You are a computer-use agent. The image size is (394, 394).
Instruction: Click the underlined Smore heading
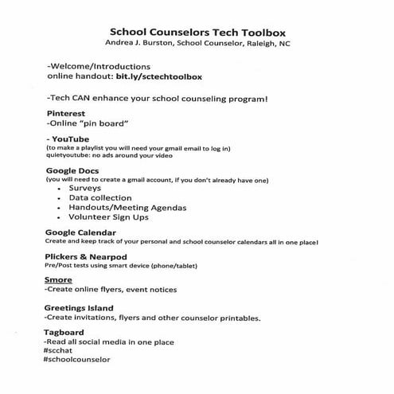[60, 282]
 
